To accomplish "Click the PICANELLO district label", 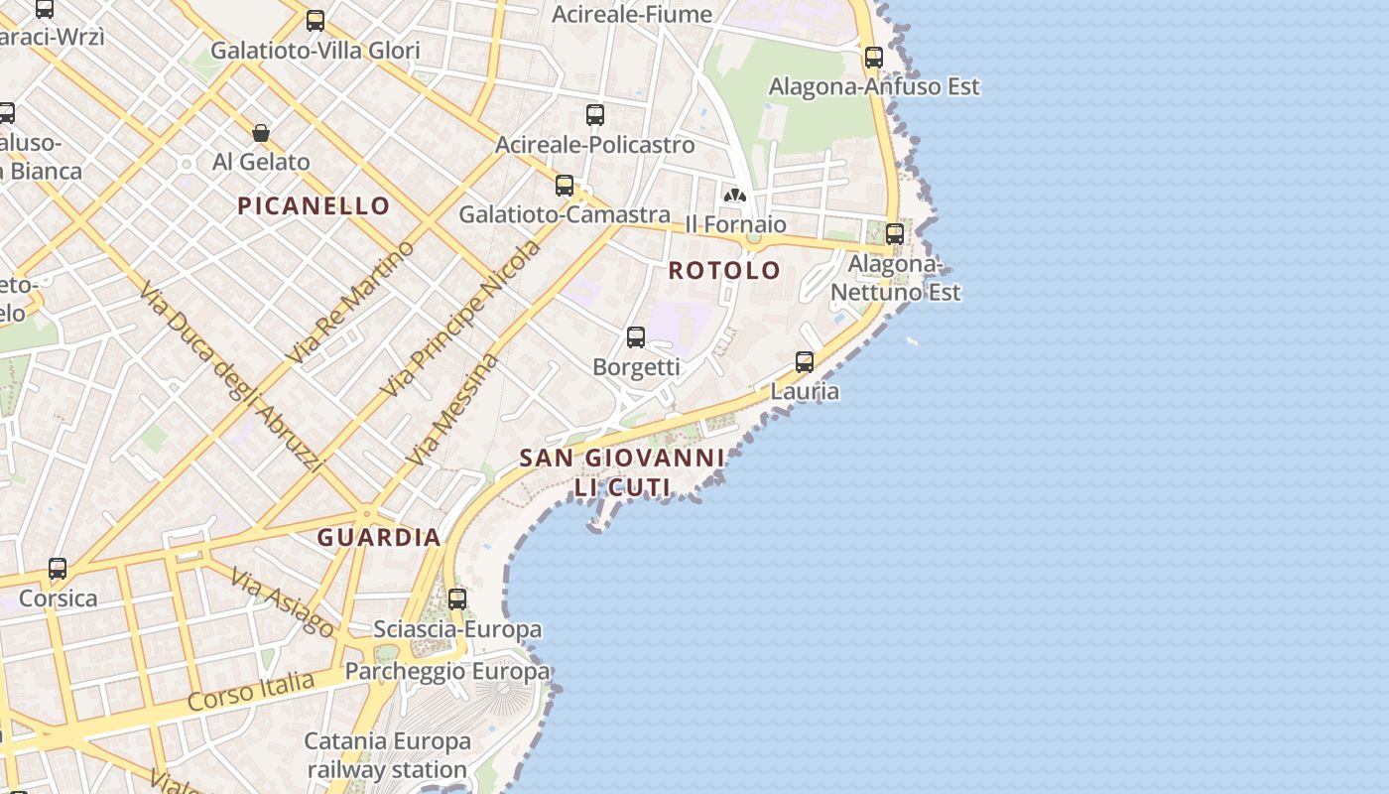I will (314, 206).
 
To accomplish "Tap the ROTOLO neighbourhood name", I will (724, 270).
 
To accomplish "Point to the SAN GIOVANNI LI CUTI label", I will (622, 472).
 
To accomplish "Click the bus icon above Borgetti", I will (636, 337).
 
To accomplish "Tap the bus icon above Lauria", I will (805, 362).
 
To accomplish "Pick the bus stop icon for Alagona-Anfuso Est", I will (874, 58).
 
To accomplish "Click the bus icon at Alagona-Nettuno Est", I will (895, 234).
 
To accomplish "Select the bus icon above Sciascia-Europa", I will (457, 599).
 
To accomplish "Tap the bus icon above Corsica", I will (58, 569).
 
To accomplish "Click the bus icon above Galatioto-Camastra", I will (565, 186).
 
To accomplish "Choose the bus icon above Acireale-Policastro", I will (595, 115).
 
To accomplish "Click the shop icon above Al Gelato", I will (261, 133).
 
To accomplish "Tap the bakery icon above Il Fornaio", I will (735, 196).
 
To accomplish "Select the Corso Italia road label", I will (251, 691).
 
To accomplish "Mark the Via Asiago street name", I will (283, 601).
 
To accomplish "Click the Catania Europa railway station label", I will (387, 755).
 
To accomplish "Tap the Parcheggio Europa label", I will (446, 672).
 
